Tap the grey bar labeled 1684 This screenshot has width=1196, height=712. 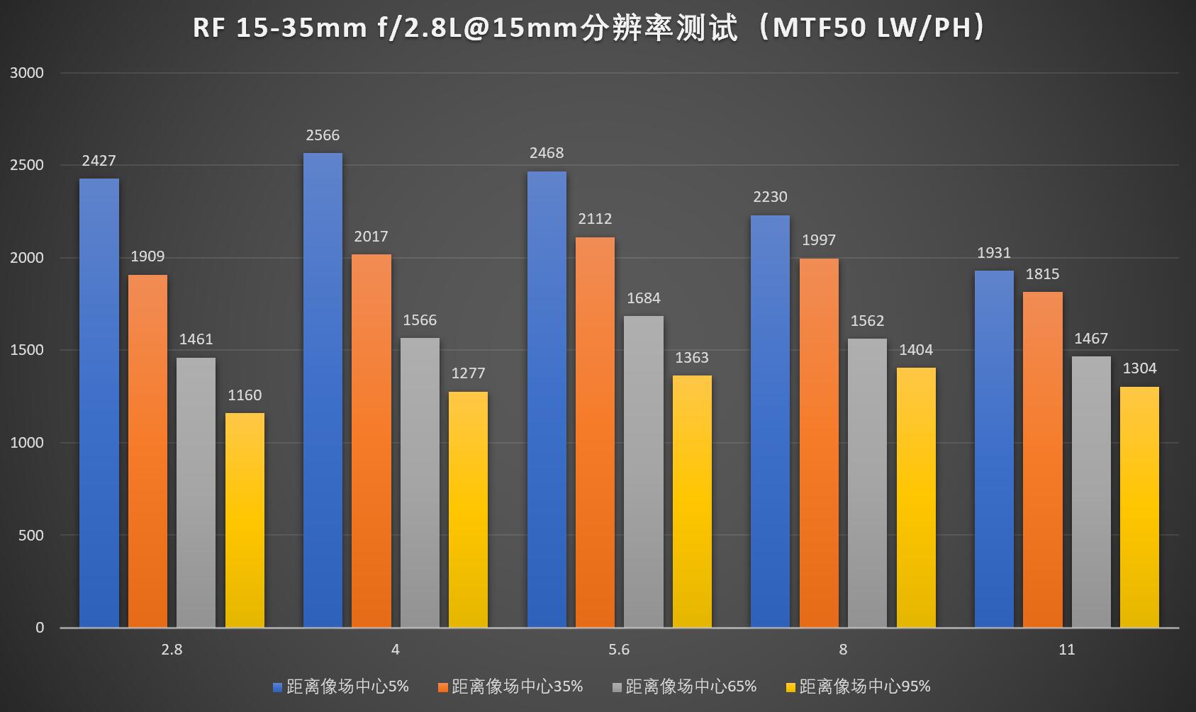[644, 471]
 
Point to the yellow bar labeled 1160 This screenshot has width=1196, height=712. [245, 520]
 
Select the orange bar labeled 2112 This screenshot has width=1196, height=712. [595, 432]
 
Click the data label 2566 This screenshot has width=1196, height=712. [323, 135]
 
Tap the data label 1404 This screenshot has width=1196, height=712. [916, 350]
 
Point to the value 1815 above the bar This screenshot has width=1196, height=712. [1042, 274]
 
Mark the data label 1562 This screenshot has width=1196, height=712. [867, 321]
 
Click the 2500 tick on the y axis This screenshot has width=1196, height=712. [27, 165]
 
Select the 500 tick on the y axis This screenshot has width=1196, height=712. [30, 536]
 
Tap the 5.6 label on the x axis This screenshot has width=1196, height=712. [619, 650]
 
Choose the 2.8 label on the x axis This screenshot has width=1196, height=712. [172, 650]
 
